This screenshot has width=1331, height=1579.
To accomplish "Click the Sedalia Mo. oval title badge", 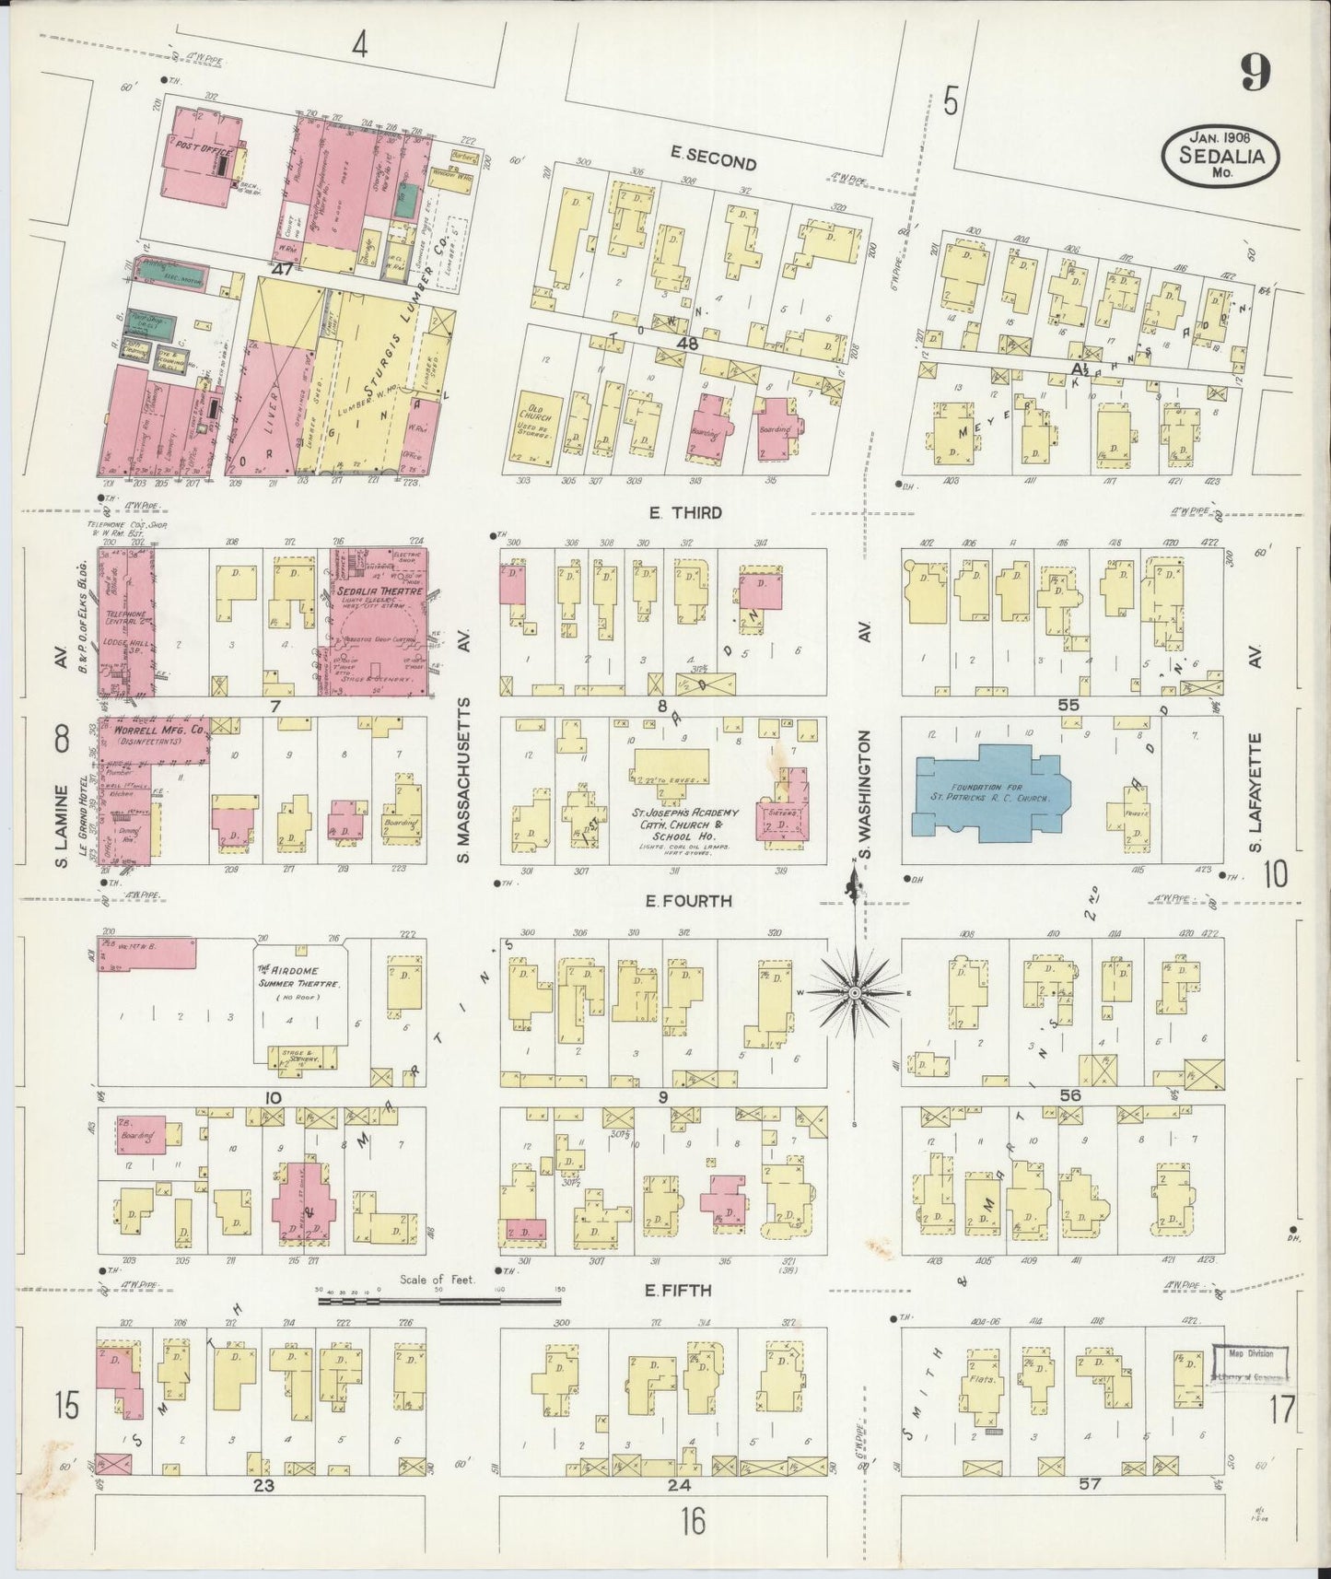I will pos(1220,156).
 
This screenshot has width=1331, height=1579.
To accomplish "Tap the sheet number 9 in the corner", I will pos(1256,72).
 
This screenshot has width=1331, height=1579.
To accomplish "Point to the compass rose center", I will pos(856,992).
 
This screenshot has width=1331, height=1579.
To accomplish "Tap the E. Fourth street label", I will pos(689,901).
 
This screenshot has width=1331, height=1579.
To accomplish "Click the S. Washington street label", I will pos(865,797).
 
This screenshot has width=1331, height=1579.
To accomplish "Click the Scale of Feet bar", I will pos(439,1302).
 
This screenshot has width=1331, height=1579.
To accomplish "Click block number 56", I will pos(1068,1095).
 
